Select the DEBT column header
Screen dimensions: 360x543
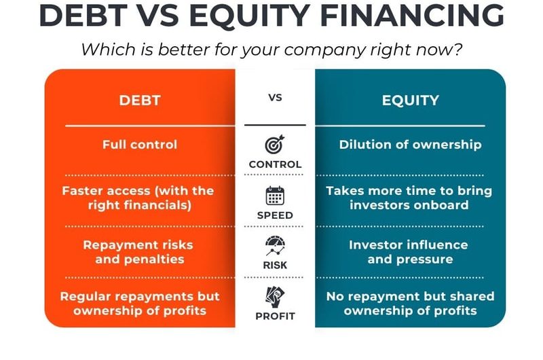(140, 101)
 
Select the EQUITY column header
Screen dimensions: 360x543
(410, 101)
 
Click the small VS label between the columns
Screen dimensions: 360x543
(275, 98)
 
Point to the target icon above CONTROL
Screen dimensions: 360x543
(275, 145)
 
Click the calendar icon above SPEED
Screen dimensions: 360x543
(275, 196)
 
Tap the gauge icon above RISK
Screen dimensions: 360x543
(275, 246)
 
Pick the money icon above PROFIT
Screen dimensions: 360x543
(275, 296)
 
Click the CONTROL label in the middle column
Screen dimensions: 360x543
(275, 164)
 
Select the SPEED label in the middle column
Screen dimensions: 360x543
(275, 215)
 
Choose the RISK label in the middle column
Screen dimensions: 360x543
(275, 266)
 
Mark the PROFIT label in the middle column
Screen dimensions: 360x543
(275, 316)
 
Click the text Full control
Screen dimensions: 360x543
(140, 144)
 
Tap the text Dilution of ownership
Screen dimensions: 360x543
(410, 144)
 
